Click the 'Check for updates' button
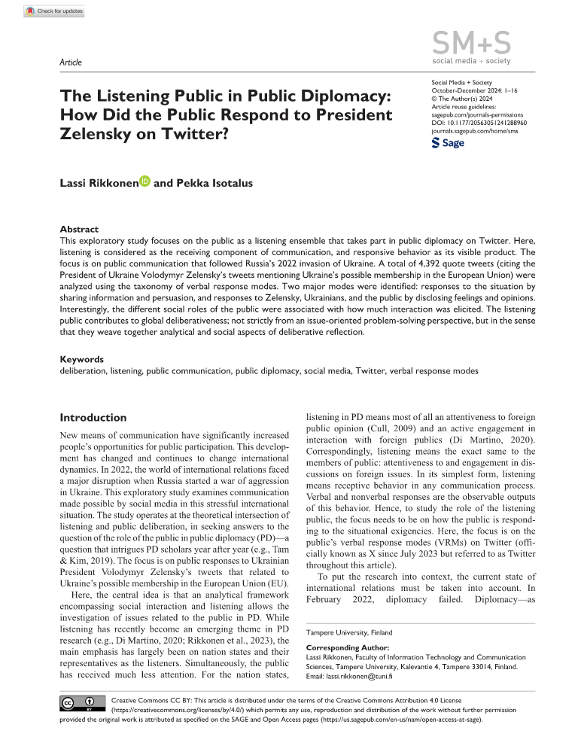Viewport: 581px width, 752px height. (54, 11)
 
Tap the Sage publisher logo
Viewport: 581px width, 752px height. (448, 142)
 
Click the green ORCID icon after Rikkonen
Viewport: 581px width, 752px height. (145, 181)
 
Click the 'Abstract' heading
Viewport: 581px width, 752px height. (79, 229)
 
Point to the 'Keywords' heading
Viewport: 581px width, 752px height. (81, 359)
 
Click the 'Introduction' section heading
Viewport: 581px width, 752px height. (93, 418)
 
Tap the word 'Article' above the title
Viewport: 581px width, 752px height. (70, 62)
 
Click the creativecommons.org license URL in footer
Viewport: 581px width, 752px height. (171, 710)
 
